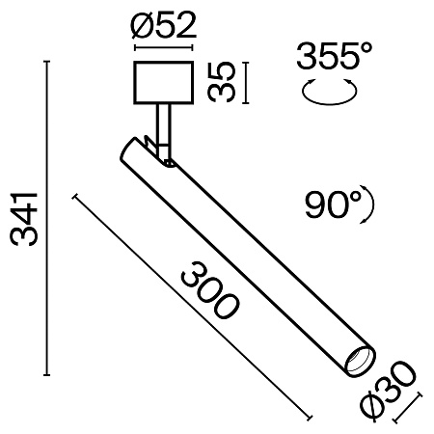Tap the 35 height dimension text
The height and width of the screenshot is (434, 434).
tap(225, 82)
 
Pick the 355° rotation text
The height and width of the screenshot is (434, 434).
tap(334, 60)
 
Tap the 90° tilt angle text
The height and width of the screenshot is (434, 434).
tap(333, 204)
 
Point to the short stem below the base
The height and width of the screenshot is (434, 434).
tap(164, 123)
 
